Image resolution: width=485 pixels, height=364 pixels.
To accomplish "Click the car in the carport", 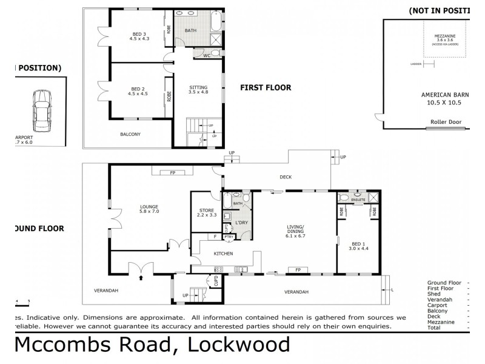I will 42,111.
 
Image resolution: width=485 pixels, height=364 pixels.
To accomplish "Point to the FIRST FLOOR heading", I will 266,87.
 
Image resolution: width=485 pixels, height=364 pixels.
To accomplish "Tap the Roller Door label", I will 446,122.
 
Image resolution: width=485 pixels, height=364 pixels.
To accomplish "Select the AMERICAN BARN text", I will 446,95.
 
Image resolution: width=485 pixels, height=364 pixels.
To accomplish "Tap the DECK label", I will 285,178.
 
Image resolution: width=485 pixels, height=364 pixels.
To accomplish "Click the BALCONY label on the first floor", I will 130,134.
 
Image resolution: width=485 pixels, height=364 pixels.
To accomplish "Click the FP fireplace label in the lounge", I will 172,173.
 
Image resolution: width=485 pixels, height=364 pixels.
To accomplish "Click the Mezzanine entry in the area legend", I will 440,322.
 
